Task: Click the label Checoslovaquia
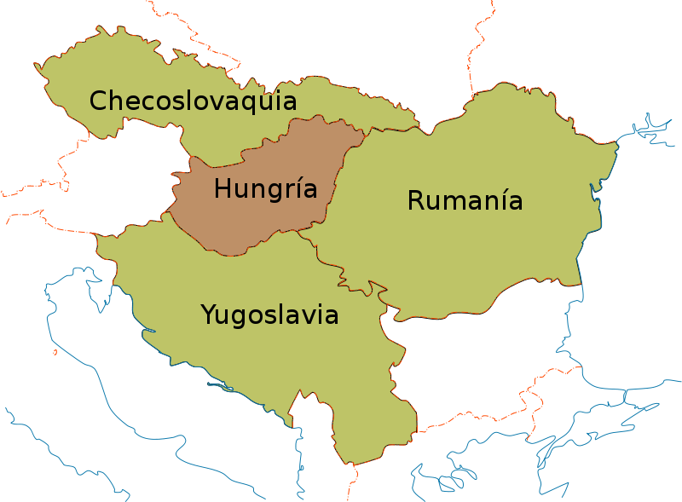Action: pos(193,101)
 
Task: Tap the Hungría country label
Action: pos(265,189)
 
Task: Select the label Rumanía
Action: pos(465,201)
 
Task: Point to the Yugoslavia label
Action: pos(269,315)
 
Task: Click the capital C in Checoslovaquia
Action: pos(98,101)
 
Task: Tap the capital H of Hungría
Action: pos(223,188)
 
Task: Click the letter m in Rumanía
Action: pos(453,203)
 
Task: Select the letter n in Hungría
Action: pos(253,190)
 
